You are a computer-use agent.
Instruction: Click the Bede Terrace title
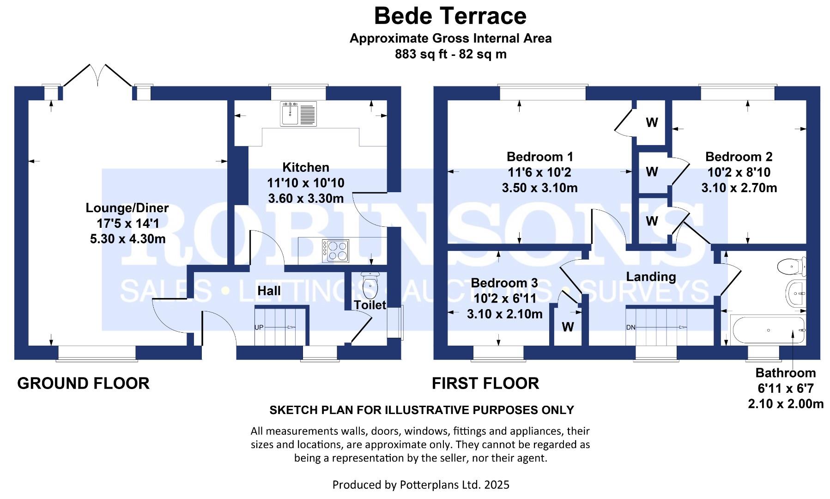pos(450,16)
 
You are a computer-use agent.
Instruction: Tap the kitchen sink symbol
pos(298,114)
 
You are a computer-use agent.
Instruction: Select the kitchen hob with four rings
pos(336,251)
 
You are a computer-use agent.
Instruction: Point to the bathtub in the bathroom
pos(768,330)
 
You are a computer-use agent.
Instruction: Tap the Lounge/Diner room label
pos(127,208)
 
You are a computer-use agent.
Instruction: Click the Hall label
pos(269,291)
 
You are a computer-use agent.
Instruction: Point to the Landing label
pos(651,277)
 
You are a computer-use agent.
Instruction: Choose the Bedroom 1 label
pos(539,157)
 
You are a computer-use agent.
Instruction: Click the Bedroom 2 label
pos(739,157)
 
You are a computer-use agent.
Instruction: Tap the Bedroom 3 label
pos(504,283)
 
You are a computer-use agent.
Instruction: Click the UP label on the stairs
pos(259,328)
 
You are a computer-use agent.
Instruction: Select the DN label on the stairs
pos(630,328)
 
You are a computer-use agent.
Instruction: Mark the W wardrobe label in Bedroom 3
pos(568,327)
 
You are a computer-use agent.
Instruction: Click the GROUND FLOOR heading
pos(83,383)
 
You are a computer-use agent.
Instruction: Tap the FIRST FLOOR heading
pos(485,383)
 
